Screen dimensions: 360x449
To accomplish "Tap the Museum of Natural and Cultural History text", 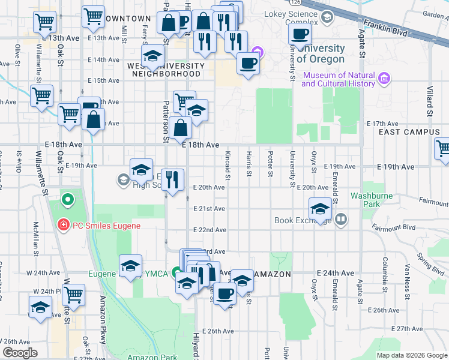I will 338,79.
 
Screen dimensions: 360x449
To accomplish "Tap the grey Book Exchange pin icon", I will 341,220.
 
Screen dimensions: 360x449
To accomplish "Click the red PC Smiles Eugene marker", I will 62,225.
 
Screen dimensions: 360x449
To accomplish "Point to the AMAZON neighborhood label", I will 273,274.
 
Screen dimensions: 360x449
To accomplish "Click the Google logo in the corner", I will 20,353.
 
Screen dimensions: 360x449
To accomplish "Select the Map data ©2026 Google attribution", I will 412,355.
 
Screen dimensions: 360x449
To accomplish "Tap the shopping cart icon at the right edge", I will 443,149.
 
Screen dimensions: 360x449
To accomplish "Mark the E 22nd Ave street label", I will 209,230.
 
